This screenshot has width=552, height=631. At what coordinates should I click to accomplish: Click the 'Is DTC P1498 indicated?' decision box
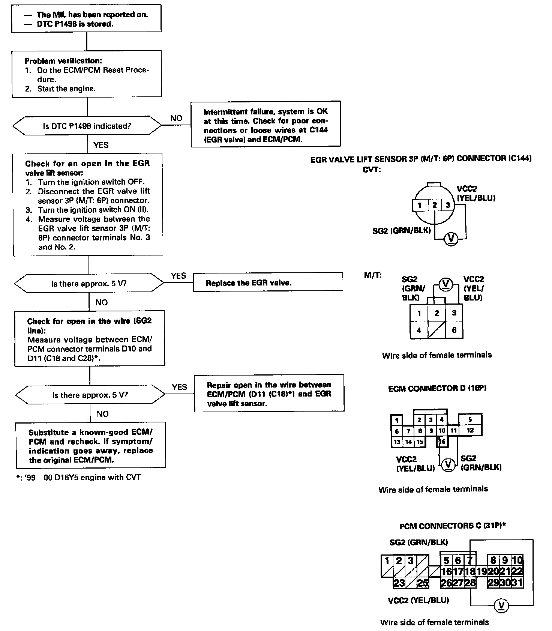(x=87, y=126)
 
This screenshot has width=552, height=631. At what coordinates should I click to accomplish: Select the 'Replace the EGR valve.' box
(x=268, y=282)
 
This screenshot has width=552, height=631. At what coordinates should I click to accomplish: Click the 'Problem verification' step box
(x=87, y=74)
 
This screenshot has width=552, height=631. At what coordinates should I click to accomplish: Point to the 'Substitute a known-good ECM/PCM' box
(x=90, y=446)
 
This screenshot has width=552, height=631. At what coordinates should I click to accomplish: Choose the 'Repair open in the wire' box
(x=269, y=394)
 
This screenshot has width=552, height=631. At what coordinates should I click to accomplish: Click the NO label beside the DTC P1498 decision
(x=176, y=118)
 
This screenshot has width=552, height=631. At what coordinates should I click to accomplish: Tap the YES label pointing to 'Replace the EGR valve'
(x=178, y=276)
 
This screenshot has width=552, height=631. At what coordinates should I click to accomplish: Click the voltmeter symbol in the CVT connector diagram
(x=450, y=239)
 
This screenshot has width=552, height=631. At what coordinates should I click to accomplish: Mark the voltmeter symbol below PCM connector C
(x=501, y=605)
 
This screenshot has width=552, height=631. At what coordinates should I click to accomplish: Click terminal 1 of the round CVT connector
(x=420, y=205)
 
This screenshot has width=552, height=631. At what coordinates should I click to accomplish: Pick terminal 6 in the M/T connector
(x=454, y=330)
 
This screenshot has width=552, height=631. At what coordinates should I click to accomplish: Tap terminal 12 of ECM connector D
(x=470, y=430)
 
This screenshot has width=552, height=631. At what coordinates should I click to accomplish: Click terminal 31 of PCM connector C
(x=517, y=583)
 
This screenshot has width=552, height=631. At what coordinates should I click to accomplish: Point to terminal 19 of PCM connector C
(x=482, y=571)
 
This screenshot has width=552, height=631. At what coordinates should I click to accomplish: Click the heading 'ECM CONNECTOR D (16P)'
(x=437, y=388)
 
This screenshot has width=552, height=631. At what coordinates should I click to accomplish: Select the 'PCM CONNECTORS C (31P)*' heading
(x=452, y=526)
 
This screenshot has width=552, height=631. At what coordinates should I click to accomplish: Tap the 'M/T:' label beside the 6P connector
(x=373, y=275)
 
